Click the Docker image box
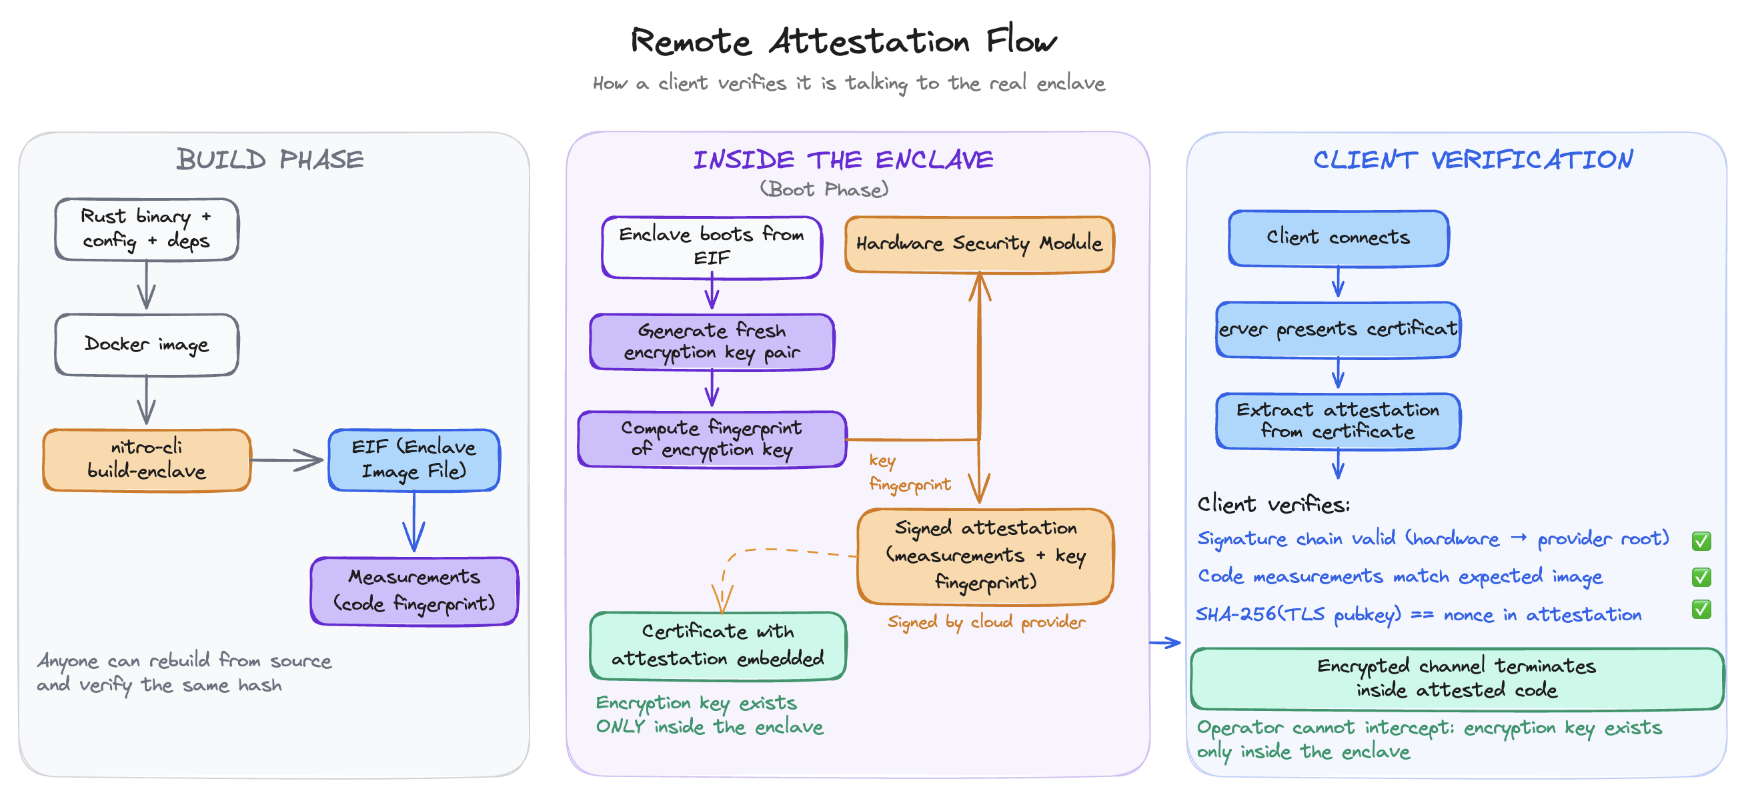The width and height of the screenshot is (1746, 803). pyautogui.click(x=147, y=344)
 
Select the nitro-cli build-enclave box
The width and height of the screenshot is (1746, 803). pyautogui.click(x=147, y=460)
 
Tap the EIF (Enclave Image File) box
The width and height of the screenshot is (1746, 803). pyautogui.click(x=413, y=460)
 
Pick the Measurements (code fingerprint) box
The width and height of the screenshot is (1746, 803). pyautogui.click(x=413, y=590)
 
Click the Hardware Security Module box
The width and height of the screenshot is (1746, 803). pyautogui.click(x=979, y=244)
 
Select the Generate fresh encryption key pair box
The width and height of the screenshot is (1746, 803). pyautogui.click(x=711, y=341)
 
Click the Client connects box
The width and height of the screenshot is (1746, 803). pyautogui.click(x=1338, y=237)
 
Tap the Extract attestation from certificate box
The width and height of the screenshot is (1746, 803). pyautogui.click(x=1338, y=420)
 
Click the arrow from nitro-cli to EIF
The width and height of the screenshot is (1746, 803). pyautogui.click(x=287, y=460)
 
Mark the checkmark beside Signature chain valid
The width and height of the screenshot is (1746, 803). pyautogui.click(x=1701, y=541)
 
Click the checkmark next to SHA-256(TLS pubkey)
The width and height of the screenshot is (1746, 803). pyautogui.click(x=1701, y=609)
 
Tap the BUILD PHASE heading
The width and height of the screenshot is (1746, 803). pyautogui.click(x=269, y=160)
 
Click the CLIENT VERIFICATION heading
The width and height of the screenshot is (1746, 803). pyautogui.click(x=1472, y=160)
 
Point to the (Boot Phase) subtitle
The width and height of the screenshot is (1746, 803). pyautogui.click(x=824, y=189)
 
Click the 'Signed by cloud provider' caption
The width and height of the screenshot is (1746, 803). pyautogui.click(x=986, y=622)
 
